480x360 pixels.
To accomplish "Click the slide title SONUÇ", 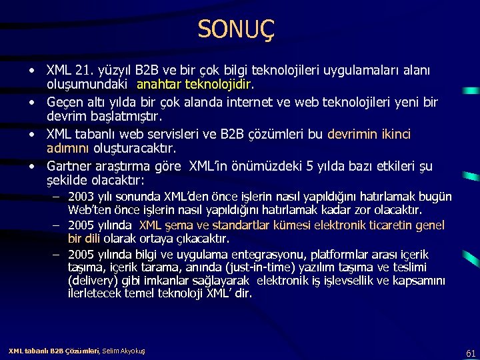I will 236,29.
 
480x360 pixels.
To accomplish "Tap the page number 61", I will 471,353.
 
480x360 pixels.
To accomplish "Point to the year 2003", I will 81,197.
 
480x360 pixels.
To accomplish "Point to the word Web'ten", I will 88,209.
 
